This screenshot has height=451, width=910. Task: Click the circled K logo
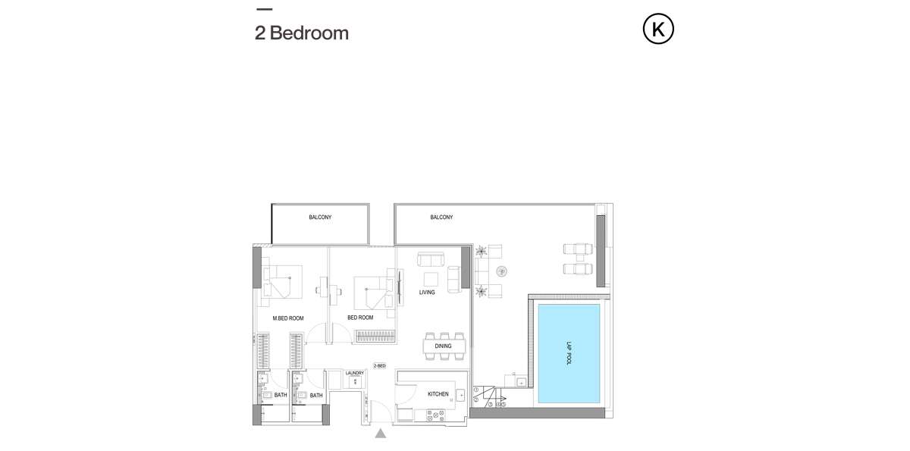[658, 29]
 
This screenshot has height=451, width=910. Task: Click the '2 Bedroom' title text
[302, 33]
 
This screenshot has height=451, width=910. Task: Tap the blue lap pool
[569, 353]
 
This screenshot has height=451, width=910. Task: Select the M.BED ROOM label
[288, 318]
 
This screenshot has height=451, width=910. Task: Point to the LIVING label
[427, 293]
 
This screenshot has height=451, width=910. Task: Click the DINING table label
[443, 346]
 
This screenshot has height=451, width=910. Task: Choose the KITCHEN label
[438, 394]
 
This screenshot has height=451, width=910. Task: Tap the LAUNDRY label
[355, 373]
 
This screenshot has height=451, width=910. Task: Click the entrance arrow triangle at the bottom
[380, 434]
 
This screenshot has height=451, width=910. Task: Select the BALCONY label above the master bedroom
[320, 218]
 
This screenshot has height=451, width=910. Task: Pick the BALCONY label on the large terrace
[441, 218]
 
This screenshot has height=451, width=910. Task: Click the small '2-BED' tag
[379, 366]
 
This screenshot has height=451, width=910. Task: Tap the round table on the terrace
[502, 271]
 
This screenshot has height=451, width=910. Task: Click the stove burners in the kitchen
[435, 415]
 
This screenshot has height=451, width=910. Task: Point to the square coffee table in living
[431, 279]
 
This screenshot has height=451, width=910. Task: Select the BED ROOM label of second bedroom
[360, 318]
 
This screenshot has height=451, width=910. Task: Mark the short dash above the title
[265, 9]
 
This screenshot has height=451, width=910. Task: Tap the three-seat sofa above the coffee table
[431, 259]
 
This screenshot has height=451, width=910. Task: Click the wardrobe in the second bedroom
[375, 337]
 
